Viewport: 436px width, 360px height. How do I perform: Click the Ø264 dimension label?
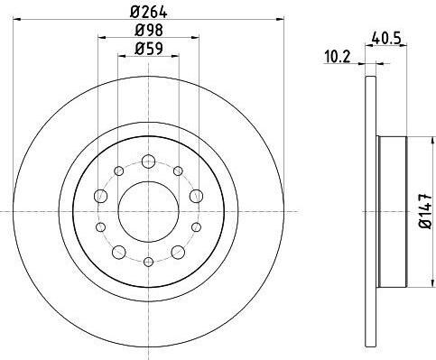click(148, 12)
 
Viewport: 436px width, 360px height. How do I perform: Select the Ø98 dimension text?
click(149, 30)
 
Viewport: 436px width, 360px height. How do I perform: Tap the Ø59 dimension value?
click(149, 49)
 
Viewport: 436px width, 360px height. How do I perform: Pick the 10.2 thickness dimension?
click(338, 57)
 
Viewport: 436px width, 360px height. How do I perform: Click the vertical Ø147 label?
click(426, 211)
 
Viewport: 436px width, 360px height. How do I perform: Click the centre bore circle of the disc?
click(148, 212)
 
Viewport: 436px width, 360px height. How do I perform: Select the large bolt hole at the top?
click(148, 162)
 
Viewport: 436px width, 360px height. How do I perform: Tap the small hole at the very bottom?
click(148, 262)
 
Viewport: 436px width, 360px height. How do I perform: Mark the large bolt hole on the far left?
click(101, 196)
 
